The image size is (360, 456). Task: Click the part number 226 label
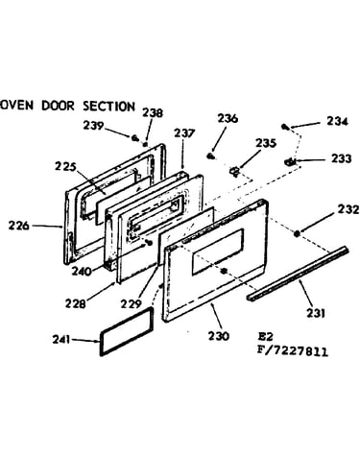19,226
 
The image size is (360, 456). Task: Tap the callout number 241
60,339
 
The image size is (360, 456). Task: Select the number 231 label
316,313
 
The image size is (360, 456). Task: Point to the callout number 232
348,209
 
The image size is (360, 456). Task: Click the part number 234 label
337,121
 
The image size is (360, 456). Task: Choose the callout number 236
228,118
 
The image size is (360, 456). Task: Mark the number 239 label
93,126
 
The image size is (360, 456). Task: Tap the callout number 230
219,336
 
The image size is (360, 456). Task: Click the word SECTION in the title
109,107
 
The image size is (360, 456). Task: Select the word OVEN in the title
17,106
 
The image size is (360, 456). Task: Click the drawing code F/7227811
293,351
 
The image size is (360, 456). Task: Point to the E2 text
266,337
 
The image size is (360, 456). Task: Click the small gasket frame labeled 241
127,331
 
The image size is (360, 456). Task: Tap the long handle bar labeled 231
298,273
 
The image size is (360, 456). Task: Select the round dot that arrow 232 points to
297,234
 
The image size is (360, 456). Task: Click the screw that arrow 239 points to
135,138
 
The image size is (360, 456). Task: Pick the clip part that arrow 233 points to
290,162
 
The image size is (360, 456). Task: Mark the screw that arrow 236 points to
210,156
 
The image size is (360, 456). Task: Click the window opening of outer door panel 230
217,252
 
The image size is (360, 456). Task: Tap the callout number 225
65,167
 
